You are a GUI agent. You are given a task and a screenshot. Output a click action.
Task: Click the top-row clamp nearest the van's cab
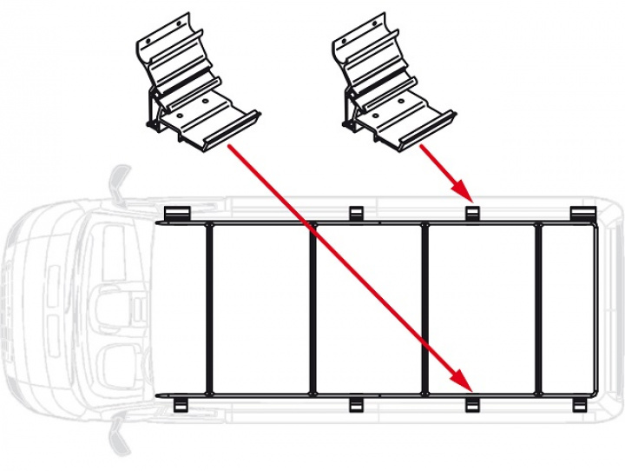click(177, 214)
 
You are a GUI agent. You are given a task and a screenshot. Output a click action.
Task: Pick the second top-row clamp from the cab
click(355, 214)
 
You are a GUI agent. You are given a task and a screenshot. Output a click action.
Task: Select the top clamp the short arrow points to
click(472, 214)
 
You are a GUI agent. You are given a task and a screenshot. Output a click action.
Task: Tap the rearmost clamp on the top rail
click(580, 214)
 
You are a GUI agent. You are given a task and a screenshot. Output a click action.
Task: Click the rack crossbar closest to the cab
click(209, 308)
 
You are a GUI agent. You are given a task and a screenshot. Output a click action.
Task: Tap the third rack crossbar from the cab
click(424, 308)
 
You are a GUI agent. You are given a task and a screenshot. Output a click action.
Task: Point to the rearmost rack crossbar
click(537, 308)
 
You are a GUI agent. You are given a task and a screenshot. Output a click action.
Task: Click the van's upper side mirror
click(115, 184)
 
